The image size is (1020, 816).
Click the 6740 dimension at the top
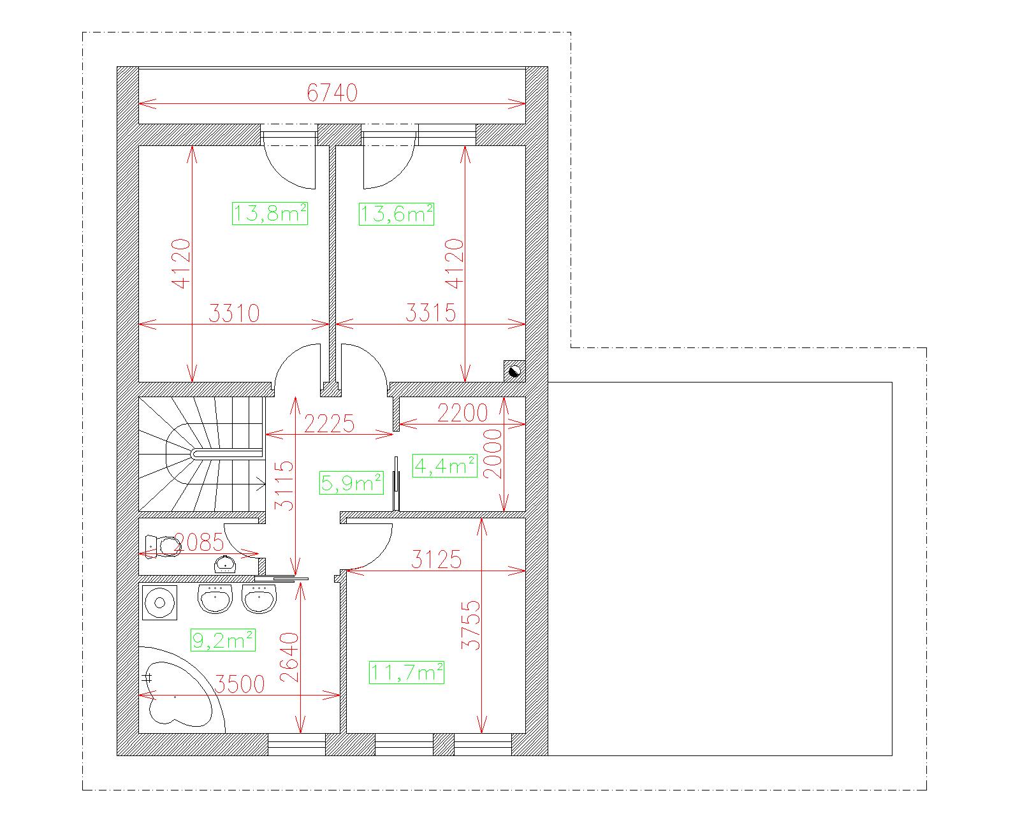pos(331,93)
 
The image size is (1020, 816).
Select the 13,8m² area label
pos(270,214)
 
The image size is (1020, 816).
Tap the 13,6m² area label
pos(397,214)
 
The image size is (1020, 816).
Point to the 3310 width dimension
pos(234,314)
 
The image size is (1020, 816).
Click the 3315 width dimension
pos(431,313)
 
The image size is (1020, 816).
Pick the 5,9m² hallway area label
pos(351,483)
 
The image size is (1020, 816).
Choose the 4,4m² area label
pos(444,466)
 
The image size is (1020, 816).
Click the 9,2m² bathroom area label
pos(222,640)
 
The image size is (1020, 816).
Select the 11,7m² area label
pos(407,673)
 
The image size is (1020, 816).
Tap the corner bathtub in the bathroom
pos(180,691)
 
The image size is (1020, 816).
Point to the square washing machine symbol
pos(160,602)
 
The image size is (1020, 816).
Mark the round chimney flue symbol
pos(514,371)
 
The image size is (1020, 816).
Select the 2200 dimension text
pos(463,413)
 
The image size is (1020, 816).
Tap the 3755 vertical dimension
pos(471,625)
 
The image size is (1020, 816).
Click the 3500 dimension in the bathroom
pos(239,684)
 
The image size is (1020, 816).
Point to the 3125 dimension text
pos(436,560)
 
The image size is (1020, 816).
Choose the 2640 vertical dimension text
pos(289,657)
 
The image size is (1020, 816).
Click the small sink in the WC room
pos(225,564)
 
